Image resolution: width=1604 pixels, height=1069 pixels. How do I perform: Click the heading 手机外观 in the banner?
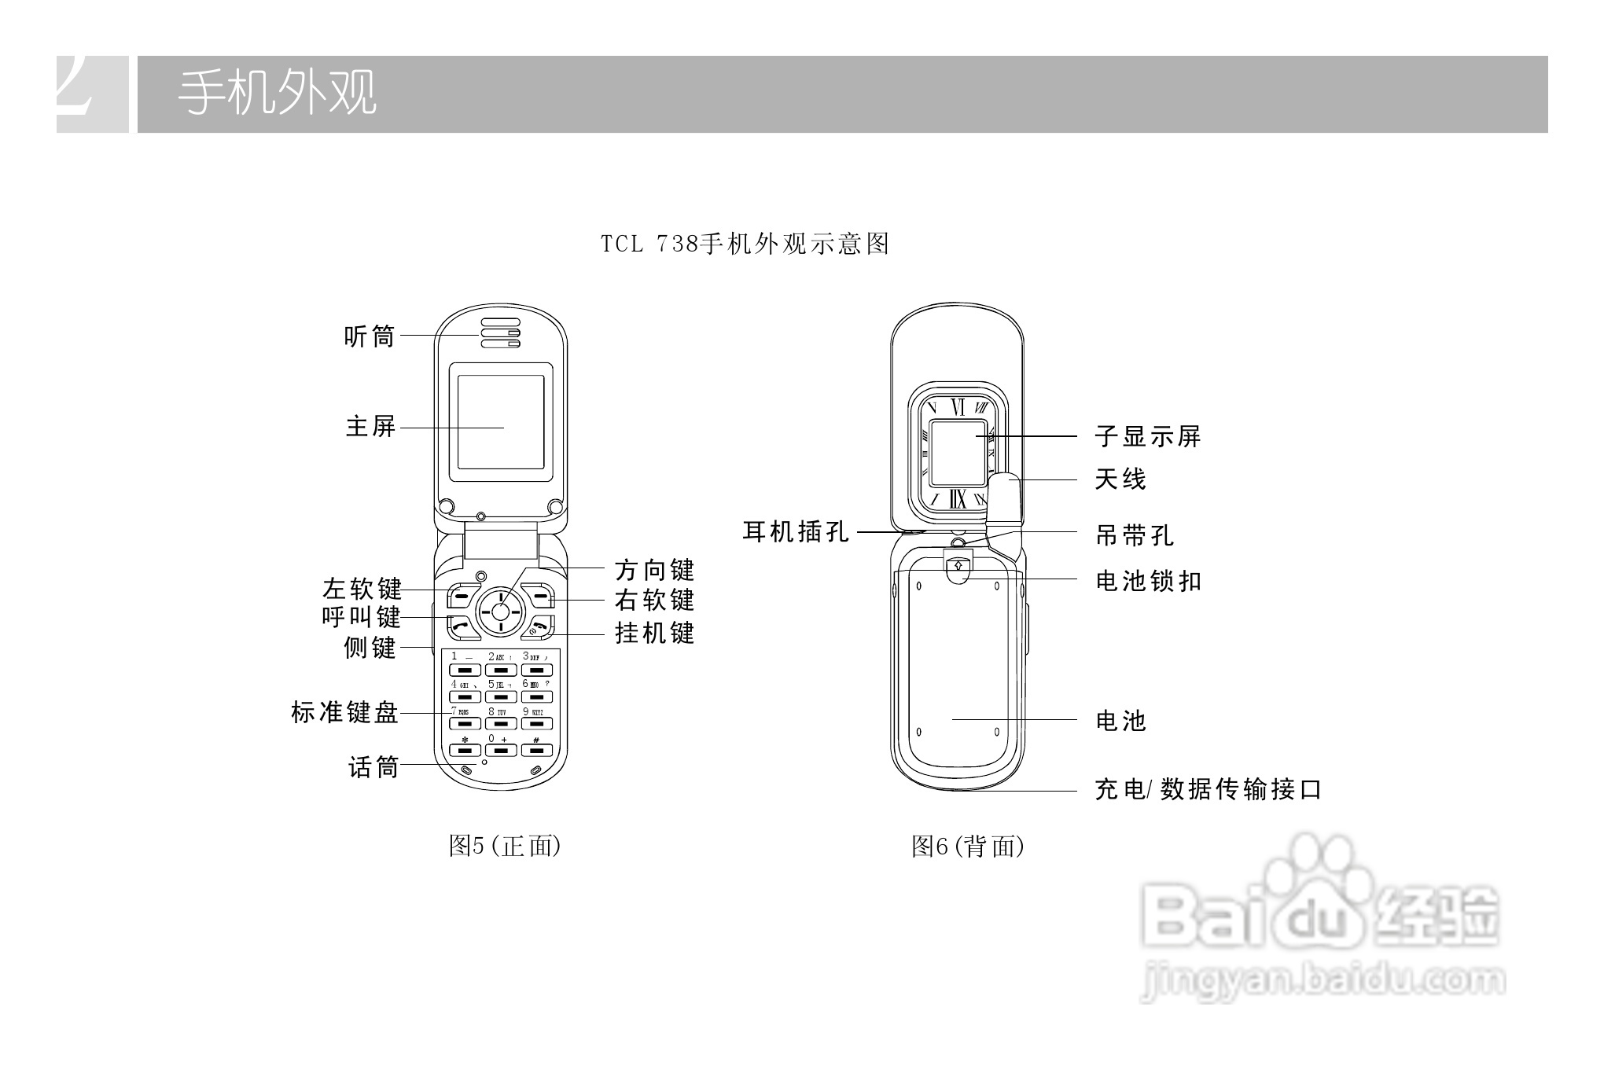tap(277, 94)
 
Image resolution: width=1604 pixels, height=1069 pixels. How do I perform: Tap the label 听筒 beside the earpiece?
tap(370, 336)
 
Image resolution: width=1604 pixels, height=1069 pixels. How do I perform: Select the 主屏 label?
tap(370, 427)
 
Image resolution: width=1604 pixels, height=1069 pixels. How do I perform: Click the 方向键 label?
tap(654, 570)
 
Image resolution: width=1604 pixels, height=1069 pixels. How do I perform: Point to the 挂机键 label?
tap(654, 633)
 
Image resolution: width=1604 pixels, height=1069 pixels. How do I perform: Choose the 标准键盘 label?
tap(344, 713)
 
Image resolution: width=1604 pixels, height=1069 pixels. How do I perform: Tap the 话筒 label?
tap(373, 766)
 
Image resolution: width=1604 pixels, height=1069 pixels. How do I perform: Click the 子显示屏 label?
tap(1148, 436)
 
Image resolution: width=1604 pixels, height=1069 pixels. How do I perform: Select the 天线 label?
tap(1120, 479)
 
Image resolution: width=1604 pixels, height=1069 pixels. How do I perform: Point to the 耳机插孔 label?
tap(796, 532)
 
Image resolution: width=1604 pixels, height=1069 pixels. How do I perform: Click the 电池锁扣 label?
tap(1148, 581)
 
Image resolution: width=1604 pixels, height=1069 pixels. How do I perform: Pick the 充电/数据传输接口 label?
tap(1208, 788)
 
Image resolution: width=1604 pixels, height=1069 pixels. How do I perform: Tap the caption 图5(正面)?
tap(504, 846)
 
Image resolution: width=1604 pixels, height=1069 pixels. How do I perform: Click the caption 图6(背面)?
tap(967, 846)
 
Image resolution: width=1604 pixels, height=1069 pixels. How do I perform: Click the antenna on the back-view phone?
tap(1005, 503)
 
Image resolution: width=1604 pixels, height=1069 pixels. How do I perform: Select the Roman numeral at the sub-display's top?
tap(957, 407)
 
